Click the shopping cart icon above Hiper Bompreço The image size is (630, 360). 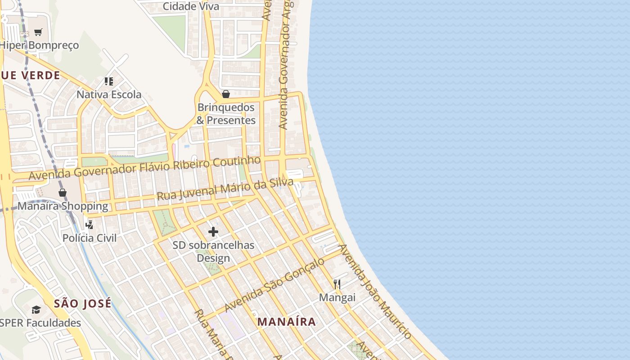point(38,32)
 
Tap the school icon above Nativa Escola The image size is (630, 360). point(108,81)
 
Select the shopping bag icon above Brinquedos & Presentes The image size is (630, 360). point(226,94)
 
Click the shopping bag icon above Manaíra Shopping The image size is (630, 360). point(63,193)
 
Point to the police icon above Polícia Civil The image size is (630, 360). point(89,224)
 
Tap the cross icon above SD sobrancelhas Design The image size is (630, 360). point(213,232)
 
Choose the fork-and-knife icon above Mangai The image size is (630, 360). point(337,284)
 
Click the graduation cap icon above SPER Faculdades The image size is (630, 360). point(36,310)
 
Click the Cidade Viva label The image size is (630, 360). point(191,6)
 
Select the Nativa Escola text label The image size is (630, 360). point(109,94)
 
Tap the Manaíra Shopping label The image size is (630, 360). point(63,206)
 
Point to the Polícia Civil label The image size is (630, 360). point(89,238)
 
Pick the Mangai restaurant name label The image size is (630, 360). point(337,297)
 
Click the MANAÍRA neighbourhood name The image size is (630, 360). point(287,322)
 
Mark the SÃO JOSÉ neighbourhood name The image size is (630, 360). point(83,303)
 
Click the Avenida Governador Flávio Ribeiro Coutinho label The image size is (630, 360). point(144,168)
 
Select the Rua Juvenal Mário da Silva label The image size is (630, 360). point(225,189)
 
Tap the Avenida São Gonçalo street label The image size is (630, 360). point(274,285)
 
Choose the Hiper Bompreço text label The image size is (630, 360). point(39,45)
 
